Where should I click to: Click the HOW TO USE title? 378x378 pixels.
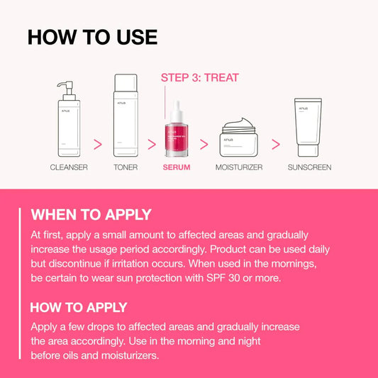click(x=92, y=37)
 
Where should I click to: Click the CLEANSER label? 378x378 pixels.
click(x=69, y=167)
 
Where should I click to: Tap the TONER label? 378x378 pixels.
click(x=126, y=167)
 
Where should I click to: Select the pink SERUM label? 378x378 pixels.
click(x=177, y=167)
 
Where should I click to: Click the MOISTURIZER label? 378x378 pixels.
click(x=239, y=167)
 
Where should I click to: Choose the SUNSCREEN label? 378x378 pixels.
click(x=309, y=167)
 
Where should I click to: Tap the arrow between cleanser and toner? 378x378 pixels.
click(x=98, y=144)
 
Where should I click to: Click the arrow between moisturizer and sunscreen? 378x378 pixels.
click(x=276, y=144)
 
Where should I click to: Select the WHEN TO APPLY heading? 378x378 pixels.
click(x=91, y=215)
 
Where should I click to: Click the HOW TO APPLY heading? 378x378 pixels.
click(x=79, y=307)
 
